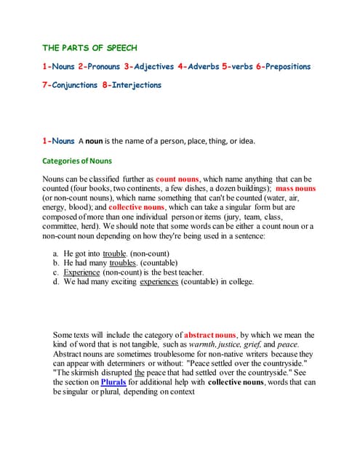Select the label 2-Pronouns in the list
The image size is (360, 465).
100,67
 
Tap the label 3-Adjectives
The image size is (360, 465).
148,67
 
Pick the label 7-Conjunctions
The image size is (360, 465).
70,85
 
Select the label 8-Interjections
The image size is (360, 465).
132,85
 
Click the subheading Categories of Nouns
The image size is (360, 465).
77,161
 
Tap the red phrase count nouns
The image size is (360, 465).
177,179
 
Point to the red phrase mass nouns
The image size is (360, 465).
295,188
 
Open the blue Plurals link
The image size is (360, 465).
113,382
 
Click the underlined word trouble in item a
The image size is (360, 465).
115,254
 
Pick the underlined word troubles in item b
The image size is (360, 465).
123,263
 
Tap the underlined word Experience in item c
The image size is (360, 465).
81,272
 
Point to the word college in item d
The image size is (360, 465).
238,282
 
